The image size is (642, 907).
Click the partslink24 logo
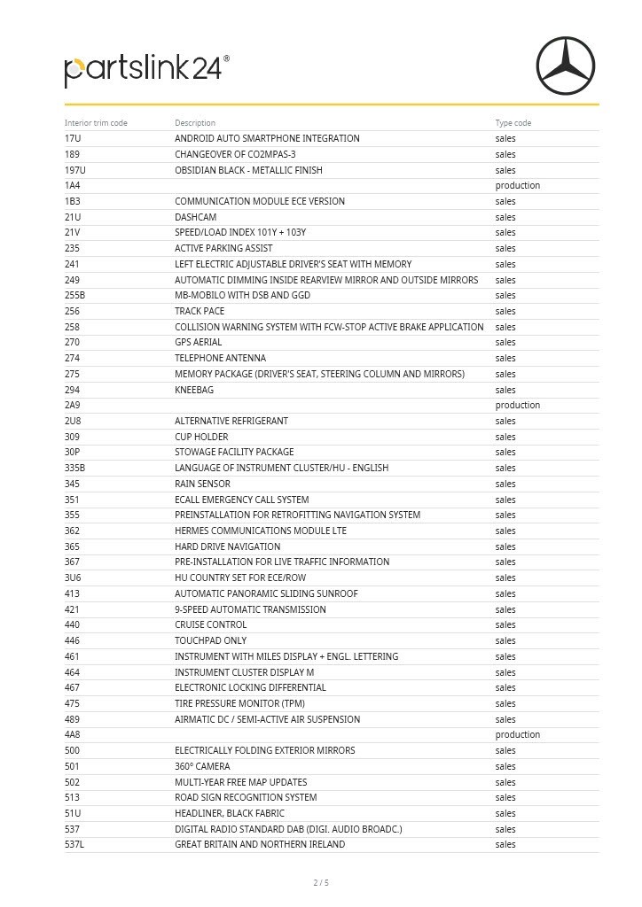pos(146,70)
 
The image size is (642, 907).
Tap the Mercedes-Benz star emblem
pos(565,66)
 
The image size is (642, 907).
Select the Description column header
pos(195,123)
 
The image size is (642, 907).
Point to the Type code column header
pos(513,123)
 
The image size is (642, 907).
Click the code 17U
pos(73,139)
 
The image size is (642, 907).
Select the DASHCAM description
pos(195,217)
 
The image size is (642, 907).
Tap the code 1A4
pos(73,186)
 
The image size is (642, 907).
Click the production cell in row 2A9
pos(517,406)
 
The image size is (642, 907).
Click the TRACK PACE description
pos(200,312)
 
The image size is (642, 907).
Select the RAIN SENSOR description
pos(202,484)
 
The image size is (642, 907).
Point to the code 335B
pos(75,468)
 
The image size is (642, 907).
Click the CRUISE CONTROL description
pos(210,625)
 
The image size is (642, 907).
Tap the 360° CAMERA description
pos(202,766)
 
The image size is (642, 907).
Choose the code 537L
pos(74,845)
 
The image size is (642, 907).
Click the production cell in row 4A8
pos(517,735)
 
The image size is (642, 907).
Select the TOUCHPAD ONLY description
pos(210,640)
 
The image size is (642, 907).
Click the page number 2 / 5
pos(321,883)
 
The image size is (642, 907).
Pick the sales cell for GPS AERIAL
pos(505,343)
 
